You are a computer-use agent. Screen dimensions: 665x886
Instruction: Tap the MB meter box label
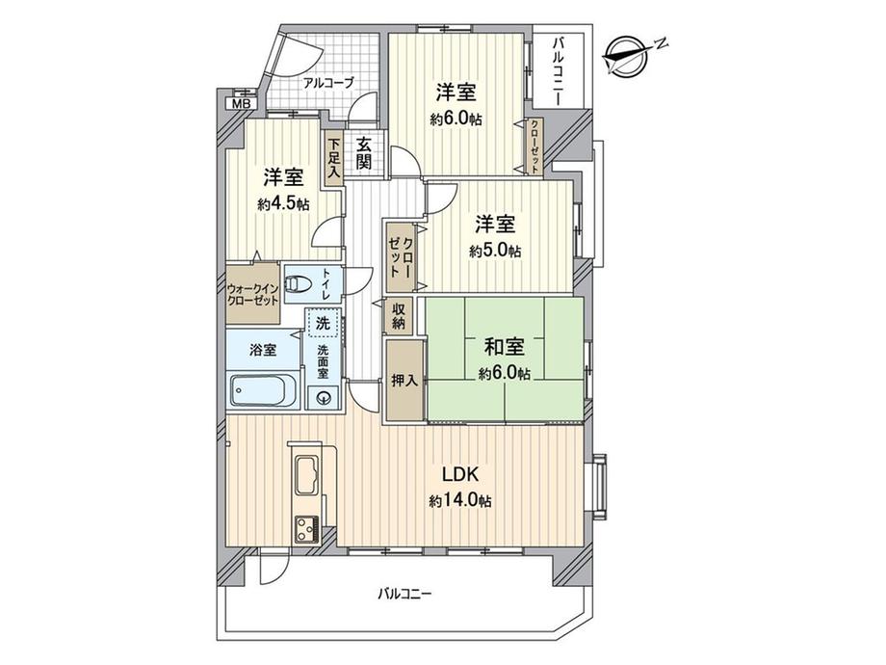pyautogui.click(x=237, y=103)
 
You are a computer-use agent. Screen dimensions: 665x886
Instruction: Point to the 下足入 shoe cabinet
pyautogui.click(x=333, y=156)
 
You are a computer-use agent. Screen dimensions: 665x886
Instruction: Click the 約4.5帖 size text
pyautogui.click(x=283, y=203)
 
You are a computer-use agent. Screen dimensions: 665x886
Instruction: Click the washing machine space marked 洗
pyautogui.click(x=321, y=322)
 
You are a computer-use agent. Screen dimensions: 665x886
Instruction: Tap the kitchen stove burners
pyautogui.click(x=309, y=529)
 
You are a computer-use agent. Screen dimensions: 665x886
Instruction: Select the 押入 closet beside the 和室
pyautogui.click(x=404, y=379)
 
